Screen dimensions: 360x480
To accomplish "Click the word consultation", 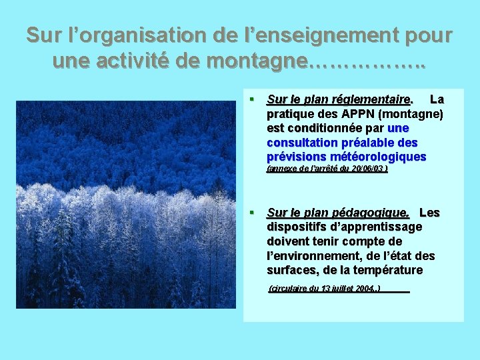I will [302, 143].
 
